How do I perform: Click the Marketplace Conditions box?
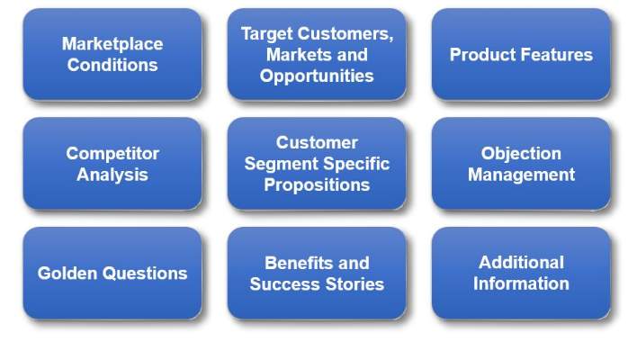[x=112, y=54]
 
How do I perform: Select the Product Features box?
[x=521, y=54]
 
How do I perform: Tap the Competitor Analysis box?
[x=112, y=164]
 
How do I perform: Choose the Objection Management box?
[x=521, y=164]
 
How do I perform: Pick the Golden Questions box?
[x=112, y=274]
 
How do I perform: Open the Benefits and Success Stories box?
[x=317, y=274]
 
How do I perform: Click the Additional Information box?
[x=521, y=274]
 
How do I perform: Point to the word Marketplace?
[x=112, y=43]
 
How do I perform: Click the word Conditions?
[x=112, y=65]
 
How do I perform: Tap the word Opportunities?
[x=317, y=76]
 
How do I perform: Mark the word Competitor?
[x=112, y=153]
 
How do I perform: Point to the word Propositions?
[x=317, y=184]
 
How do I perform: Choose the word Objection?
[x=521, y=153]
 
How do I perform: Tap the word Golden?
[x=66, y=274]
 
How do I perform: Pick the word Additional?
[x=521, y=263]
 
